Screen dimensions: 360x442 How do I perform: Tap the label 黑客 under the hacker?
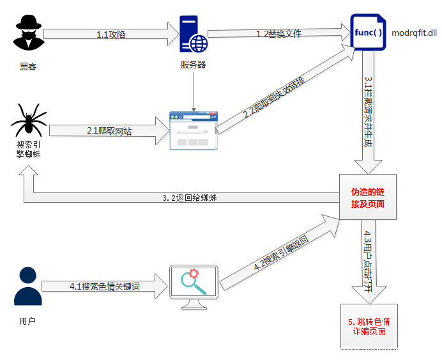(x=28, y=66)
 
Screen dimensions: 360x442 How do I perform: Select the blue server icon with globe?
(x=194, y=35)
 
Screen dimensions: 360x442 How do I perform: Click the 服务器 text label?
(x=194, y=65)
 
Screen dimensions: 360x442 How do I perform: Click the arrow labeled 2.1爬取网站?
(x=109, y=130)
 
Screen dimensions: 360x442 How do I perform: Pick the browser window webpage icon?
(x=193, y=130)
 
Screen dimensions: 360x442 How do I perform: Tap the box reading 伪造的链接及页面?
(x=367, y=198)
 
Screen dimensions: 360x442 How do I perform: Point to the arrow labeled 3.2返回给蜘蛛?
(x=185, y=198)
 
